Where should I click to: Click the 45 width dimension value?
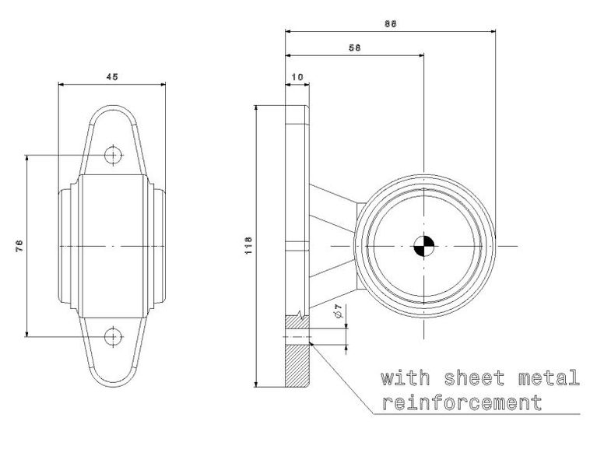coord(112,76)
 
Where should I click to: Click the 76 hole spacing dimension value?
coord(19,245)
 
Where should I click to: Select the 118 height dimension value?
coord(248,245)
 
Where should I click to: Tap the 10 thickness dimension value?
coord(297,77)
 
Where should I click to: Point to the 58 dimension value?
coord(354,47)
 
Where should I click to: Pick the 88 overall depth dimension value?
coord(390,23)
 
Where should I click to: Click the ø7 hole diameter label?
coord(339,311)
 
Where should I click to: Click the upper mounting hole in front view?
coord(113,155)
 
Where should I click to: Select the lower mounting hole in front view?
coord(113,336)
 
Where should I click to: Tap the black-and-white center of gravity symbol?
coord(423,246)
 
